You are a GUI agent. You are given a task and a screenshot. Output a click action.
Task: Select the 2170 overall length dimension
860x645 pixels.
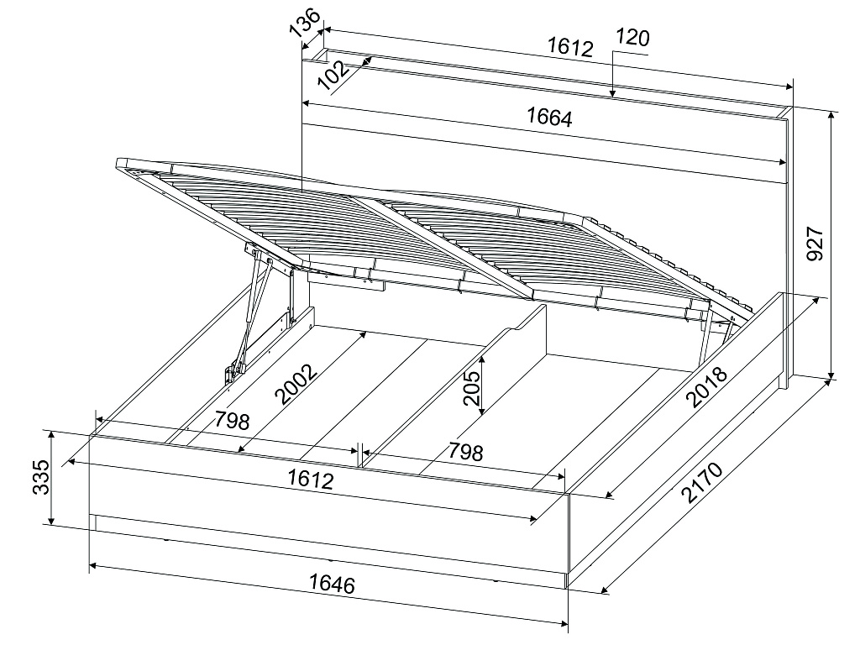point(703,482)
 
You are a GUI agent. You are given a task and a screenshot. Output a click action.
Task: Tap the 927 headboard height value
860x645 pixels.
point(815,244)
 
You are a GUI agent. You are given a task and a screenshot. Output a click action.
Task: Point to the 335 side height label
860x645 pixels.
point(41,477)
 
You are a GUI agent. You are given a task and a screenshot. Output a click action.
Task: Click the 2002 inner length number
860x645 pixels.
point(296,384)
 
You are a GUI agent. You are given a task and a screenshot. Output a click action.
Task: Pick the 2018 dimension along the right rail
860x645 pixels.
point(707,387)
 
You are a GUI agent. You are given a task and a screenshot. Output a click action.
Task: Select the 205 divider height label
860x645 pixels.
point(471,388)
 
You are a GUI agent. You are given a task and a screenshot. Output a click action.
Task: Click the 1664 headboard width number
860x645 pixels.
point(549,117)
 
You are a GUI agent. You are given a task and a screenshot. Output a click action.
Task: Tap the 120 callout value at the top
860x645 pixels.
point(633,37)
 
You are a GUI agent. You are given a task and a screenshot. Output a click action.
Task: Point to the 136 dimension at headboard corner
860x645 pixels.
point(306,23)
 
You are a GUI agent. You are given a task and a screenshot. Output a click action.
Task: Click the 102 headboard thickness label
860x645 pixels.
point(333,75)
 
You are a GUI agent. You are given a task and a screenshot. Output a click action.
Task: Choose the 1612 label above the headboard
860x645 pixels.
point(570,47)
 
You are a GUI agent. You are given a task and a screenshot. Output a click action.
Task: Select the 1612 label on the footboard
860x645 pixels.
point(311,480)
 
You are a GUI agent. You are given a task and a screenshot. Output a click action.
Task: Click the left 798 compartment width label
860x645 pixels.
point(232,420)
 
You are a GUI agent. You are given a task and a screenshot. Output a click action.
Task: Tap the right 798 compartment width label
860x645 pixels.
point(465,451)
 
